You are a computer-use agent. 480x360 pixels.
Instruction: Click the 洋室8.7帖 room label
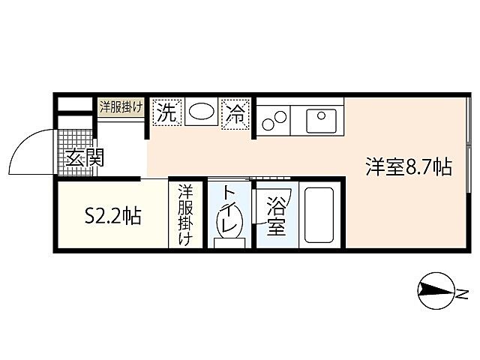(x=408, y=166)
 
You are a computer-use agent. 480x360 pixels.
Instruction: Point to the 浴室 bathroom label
(x=275, y=216)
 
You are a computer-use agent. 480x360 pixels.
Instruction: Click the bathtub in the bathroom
(x=321, y=216)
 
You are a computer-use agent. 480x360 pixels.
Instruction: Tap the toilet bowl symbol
(x=228, y=223)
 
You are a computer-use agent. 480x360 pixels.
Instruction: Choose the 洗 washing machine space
(x=167, y=113)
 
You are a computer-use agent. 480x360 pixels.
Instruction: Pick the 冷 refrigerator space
(x=235, y=115)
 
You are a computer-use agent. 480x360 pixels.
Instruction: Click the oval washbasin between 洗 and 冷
(x=200, y=113)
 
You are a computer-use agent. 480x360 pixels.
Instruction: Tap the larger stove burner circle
(x=280, y=116)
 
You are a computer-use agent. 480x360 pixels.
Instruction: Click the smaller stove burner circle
(x=268, y=121)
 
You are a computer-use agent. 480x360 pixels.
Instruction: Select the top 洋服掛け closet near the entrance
(x=121, y=107)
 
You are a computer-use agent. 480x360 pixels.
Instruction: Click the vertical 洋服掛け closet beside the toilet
(x=185, y=214)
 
